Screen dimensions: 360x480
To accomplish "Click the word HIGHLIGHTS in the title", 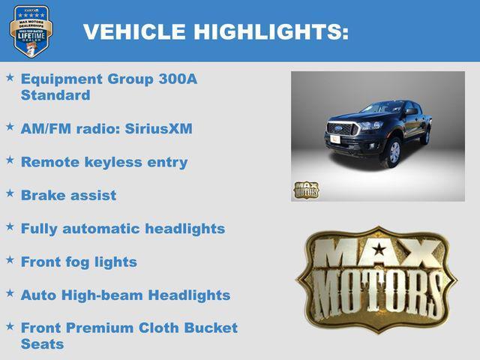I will click(x=271, y=32).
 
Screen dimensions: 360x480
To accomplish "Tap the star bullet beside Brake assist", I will click(x=10, y=193).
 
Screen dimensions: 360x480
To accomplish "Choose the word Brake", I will click(x=42, y=195).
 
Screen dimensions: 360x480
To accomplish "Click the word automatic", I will click(x=100, y=229).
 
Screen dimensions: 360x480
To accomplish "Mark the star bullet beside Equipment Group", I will click(x=10, y=77).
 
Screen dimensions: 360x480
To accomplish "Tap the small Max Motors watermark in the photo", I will click(x=305, y=190).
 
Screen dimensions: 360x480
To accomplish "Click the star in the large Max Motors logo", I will click(x=379, y=250).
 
